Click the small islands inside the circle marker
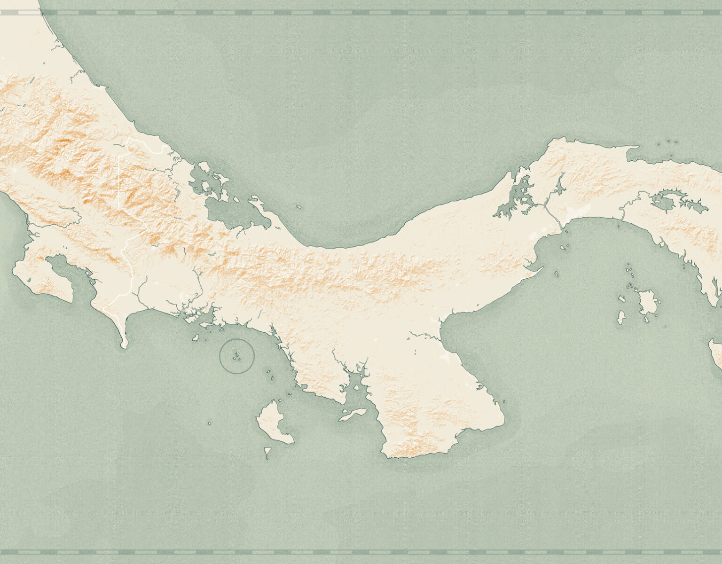tap(237, 357)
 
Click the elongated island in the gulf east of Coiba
tap(353, 415)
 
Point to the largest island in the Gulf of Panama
tap(647, 302)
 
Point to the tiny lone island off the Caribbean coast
tap(298, 207)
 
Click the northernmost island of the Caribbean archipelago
tap(204, 167)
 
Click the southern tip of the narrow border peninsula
tap(124, 345)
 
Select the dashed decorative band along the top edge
tap(361, 13)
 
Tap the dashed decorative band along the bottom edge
tap(361, 552)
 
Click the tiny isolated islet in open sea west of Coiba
tap(209, 423)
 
